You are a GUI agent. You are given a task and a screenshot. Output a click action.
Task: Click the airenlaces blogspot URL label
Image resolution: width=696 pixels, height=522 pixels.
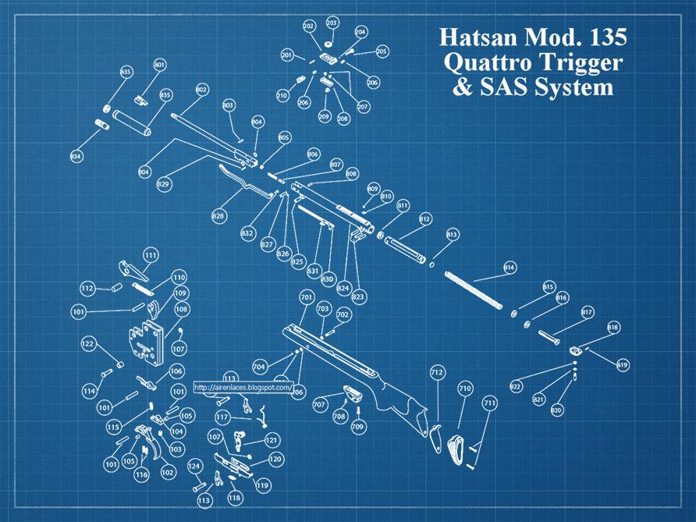(243, 387)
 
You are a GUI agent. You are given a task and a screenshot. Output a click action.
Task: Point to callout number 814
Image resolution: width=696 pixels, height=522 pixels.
(510, 268)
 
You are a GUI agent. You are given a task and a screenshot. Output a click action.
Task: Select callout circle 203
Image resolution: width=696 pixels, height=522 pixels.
(332, 23)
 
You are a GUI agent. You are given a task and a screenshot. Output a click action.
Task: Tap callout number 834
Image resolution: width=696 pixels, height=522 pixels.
(76, 157)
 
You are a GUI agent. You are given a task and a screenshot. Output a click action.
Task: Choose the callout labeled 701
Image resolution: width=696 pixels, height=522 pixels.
(306, 297)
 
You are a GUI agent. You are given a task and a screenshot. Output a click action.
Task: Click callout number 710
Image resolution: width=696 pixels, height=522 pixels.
(465, 388)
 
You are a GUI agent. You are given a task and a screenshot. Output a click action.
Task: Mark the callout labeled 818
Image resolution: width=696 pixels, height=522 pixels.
(613, 328)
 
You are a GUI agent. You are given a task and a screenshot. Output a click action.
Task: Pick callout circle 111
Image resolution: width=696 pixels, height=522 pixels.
(151, 254)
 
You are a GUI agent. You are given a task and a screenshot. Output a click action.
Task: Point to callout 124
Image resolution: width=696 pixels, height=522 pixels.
(194, 467)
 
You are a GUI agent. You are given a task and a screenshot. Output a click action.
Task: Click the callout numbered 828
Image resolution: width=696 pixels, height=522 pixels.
(218, 215)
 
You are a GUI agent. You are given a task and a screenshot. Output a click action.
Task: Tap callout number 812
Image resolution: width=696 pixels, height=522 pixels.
(425, 218)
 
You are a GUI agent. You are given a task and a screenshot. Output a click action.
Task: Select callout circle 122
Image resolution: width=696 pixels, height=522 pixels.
(88, 343)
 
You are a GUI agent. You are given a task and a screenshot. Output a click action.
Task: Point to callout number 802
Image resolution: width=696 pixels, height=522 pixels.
(201, 90)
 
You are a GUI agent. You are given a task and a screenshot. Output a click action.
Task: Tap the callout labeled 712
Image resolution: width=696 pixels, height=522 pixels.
(436, 373)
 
